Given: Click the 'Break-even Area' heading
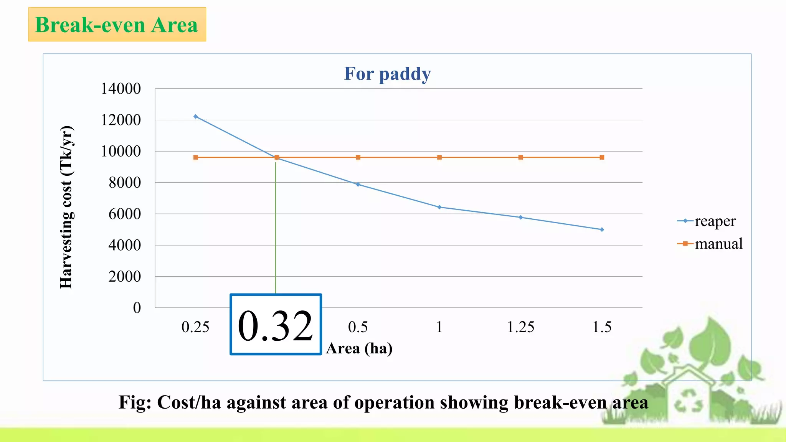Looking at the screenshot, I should coord(117,25).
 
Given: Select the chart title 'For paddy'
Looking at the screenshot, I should coord(387,74).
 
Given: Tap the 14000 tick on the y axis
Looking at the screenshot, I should coord(121,89).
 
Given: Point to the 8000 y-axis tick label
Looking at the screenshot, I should coord(124,183).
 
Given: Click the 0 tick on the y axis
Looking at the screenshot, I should coord(137,308).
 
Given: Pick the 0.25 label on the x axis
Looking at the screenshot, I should coord(195,327).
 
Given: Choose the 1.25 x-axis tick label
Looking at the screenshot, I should coord(520,327).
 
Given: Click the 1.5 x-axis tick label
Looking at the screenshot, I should coord(602,327).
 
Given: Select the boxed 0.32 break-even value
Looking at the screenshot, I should coord(276,325).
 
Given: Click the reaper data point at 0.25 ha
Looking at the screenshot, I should coord(196,117).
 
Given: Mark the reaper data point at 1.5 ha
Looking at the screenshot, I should coord(602,229).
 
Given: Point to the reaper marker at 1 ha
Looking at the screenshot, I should coord(439,207).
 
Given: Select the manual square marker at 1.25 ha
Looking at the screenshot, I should coord(520,157).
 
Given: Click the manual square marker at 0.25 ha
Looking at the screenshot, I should coord(196,157).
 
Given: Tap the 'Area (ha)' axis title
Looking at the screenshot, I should coord(359,348).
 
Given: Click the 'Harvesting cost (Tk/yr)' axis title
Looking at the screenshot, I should coord(66,207).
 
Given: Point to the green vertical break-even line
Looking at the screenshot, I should coord(276,230).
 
